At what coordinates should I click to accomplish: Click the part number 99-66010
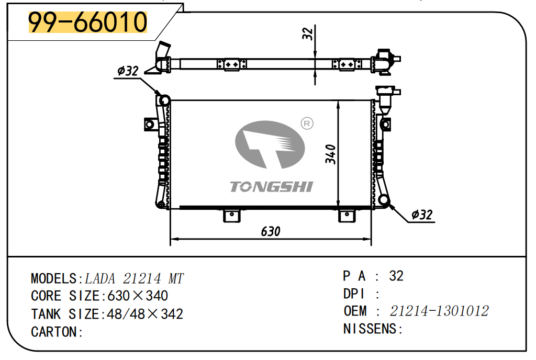(87, 22)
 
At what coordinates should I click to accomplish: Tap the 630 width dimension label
(271, 232)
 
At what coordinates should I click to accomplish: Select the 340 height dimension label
(330, 154)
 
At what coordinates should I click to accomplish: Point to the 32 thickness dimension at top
(308, 33)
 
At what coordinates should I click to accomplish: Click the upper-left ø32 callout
(128, 71)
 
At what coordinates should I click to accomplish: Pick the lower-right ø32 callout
(422, 215)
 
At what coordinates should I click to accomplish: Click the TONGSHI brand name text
(272, 187)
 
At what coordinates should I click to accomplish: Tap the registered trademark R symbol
(307, 123)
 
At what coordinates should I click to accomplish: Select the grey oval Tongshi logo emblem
(270, 144)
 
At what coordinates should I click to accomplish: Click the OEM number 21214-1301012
(439, 311)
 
